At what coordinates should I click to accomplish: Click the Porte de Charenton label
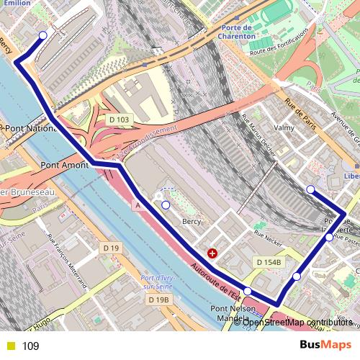[238, 31]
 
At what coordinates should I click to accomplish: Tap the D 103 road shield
[120, 119]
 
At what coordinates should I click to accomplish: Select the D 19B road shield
[158, 299]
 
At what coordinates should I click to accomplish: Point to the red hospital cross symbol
[212, 253]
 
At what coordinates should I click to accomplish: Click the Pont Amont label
[64, 165]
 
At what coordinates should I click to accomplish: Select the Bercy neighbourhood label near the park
[191, 222]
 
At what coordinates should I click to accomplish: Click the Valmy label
[284, 127]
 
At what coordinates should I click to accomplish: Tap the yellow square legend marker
[10, 346]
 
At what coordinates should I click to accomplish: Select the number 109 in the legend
[30, 346]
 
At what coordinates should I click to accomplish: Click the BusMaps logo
[325, 346]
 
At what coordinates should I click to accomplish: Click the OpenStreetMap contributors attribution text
[301, 322]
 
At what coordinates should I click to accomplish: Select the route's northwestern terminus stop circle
[42, 35]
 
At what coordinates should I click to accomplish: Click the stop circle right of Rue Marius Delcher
[310, 189]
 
